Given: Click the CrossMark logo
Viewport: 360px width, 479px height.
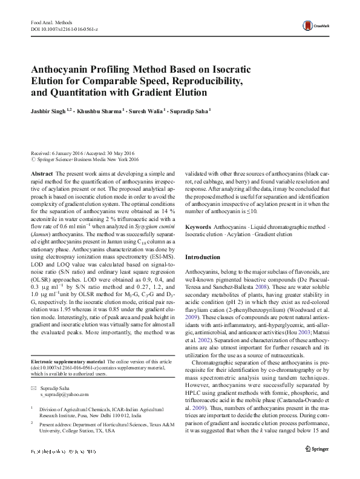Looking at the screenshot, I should (318, 25).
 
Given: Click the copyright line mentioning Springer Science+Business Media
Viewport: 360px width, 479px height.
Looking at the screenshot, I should (85, 160).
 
